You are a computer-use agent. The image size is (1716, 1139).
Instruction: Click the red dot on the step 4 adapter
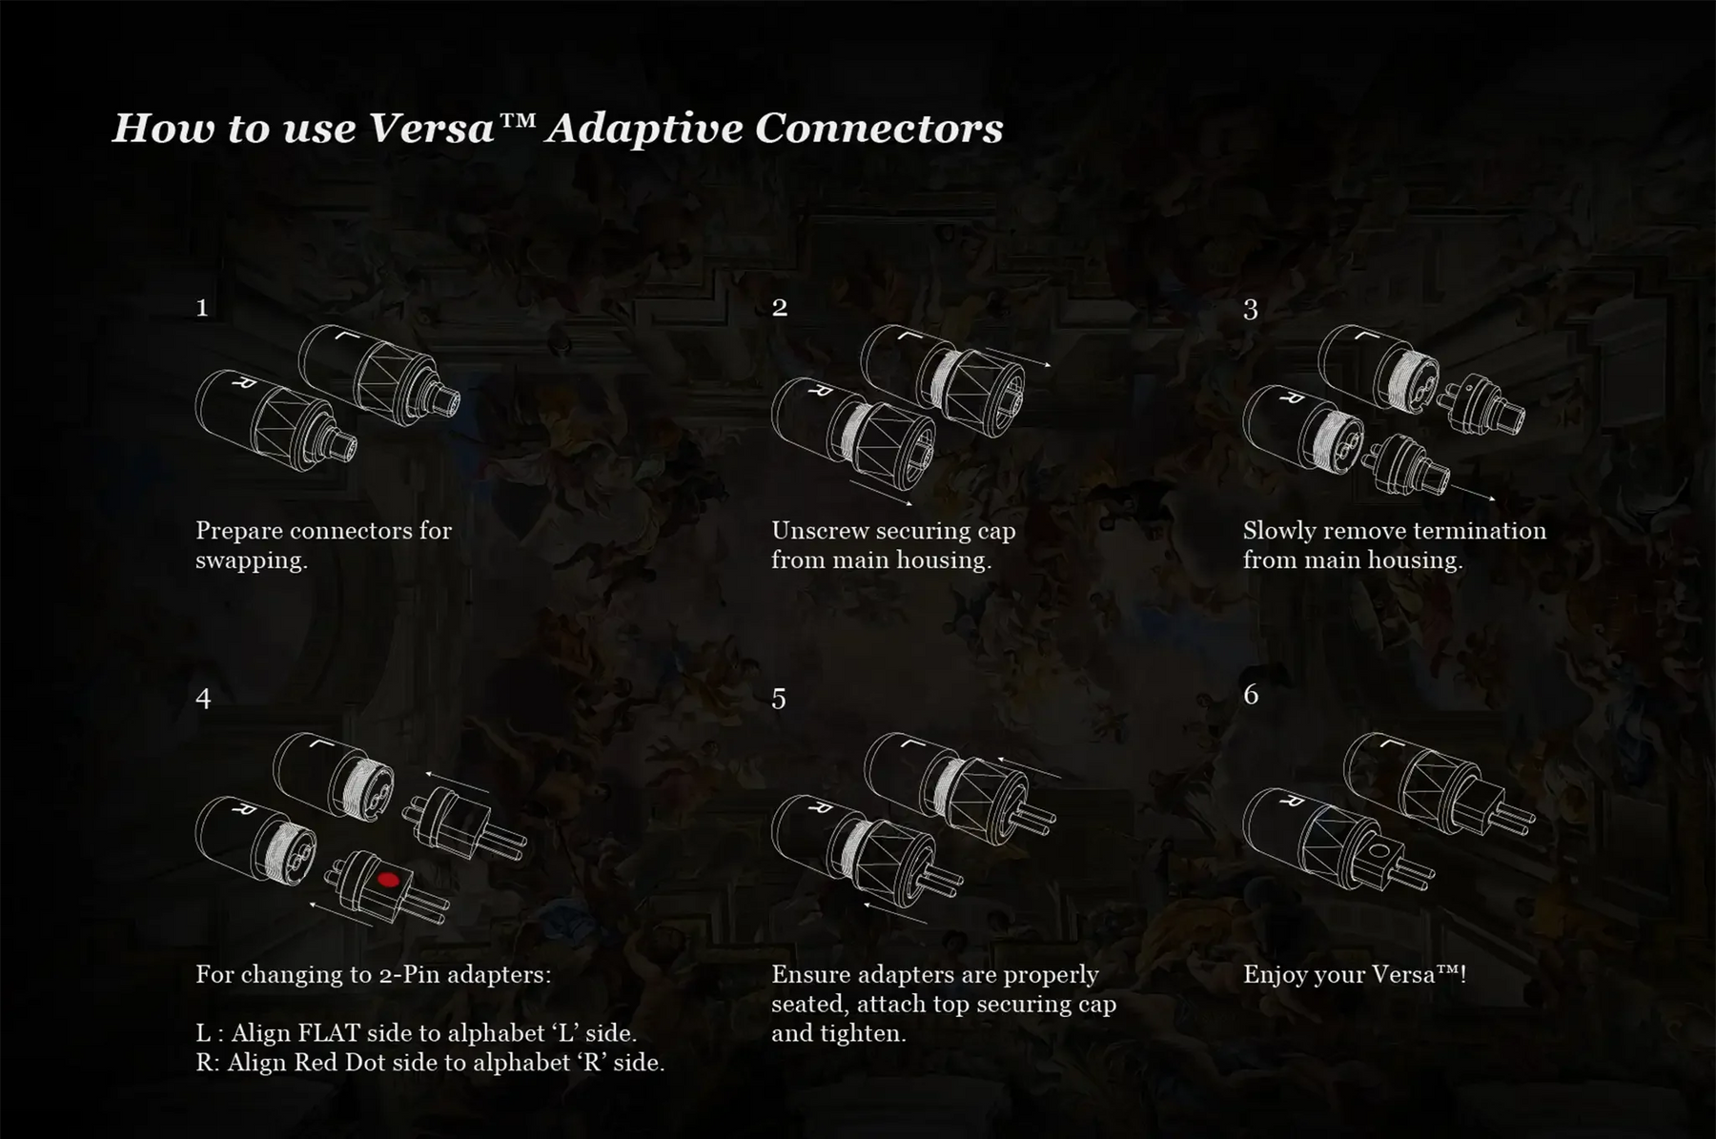pyautogui.click(x=387, y=880)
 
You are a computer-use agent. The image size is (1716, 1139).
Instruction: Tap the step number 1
pyautogui.click(x=202, y=308)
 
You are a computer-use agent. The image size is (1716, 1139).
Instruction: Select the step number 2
pyautogui.click(x=780, y=307)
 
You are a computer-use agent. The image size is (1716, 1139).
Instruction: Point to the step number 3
pyautogui.click(x=1251, y=310)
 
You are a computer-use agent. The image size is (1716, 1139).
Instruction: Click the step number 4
pyautogui.click(x=203, y=699)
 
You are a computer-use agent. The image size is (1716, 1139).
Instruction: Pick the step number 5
pyautogui.click(x=779, y=700)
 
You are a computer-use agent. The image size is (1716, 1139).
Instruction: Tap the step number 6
pyautogui.click(x=1251, y=694)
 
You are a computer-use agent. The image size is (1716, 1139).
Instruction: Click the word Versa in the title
pyautogui.click(x=431, y=129)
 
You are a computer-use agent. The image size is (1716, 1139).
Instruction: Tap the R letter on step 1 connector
pyautogui.click(x=236, y=384)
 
